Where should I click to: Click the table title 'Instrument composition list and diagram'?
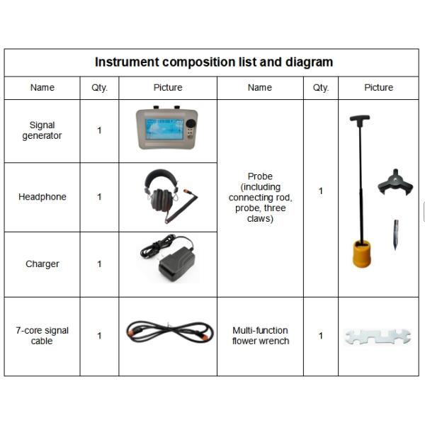tap(214, 62)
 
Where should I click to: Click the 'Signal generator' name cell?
tap(42, 130)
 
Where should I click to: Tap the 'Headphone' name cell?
tap(42, 197)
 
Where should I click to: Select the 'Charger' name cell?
tap(42, 264)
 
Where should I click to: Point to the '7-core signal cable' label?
tap(42, 336)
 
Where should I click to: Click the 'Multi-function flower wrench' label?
tap(261, 336)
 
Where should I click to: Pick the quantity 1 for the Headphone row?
tap(99, 197)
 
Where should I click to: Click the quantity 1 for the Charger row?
tap(99, 264)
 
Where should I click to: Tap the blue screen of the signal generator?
tap(164, 129)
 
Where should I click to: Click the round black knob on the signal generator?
tap(191, 123)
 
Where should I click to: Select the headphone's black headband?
tap(161, 176)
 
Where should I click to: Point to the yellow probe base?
tap(362, 254)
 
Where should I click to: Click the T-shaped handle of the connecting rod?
tap(360, 118)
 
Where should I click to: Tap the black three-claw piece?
tap(395, 183)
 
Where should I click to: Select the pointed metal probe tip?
tap(396, 234)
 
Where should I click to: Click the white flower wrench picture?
tap(378, 337)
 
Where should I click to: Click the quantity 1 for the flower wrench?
tap(321, 336)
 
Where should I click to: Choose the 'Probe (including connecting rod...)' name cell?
tap(260, 198)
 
